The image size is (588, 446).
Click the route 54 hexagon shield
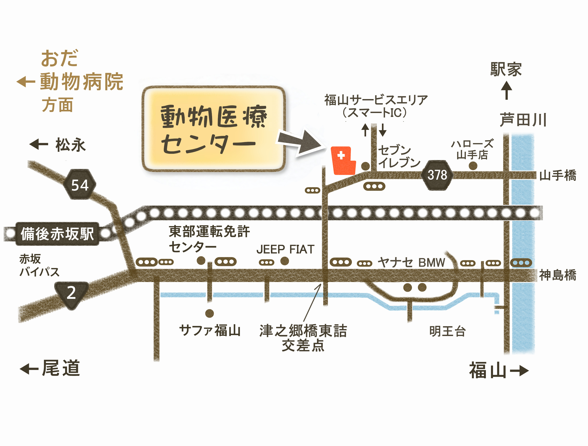click(x=80, y=184)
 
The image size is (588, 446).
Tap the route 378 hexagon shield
click(x=437, y=175)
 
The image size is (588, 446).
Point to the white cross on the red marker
click(x=341, y=155)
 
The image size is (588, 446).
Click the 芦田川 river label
click(x=523, y=120)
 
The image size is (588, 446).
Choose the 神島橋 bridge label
click(x=558, y=275)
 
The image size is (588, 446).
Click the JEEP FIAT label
click(x=285, y=249)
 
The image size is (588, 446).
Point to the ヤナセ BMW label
click(x=411, y=262)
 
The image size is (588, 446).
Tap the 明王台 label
click(x=447, y=331)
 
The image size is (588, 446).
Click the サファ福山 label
click(x=210, y=331)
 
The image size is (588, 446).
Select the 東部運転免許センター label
click(x=209, y=239)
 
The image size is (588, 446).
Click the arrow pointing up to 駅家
click(x=507, y=90)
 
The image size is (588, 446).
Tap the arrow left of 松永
click(x=39, y=144)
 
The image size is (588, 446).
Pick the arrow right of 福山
click(x=519, y=370)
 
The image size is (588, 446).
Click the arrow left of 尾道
click(x=29, y=369)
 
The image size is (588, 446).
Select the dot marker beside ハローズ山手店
click(x=473, y=166)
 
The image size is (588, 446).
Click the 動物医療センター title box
click(x=214, y=129)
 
